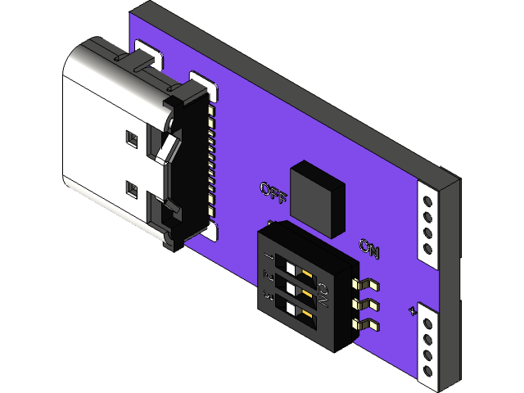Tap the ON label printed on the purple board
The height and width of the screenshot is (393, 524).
click(x=369, y=247)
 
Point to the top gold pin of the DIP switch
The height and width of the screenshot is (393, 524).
click(x=367, y=284)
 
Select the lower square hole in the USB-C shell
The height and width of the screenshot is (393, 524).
click(x=131, y=190)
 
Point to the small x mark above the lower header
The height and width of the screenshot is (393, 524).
click(x=412, y=310)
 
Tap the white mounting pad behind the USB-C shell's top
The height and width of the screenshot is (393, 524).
click(x=147, y=54)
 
